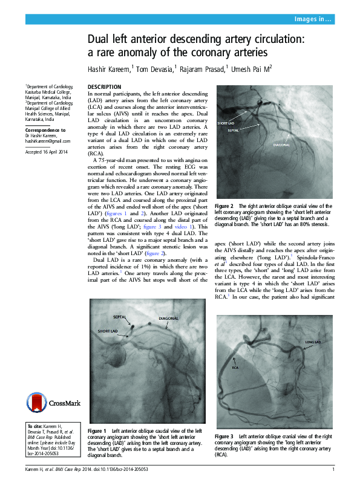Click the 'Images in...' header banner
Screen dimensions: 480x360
(x=313, y=20)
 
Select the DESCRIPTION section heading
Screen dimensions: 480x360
(x=104, y=88)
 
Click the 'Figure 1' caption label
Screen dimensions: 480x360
(x=97, y=430)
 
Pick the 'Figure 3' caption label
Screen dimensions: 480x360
(x=224, y=436)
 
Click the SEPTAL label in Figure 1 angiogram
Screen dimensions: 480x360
(x=119, y=317)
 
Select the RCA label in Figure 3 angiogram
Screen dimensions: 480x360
(x=235, y=366)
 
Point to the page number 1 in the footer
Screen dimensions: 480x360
(x=333, y=470)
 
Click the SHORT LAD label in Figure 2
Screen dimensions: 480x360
(x=226, y=123)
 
